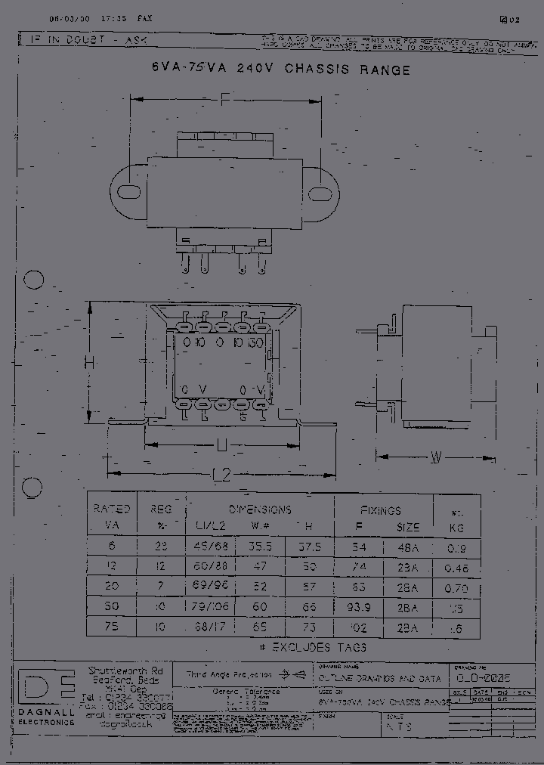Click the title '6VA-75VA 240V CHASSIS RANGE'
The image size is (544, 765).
(281, 70)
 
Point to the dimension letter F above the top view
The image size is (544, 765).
(225, 98)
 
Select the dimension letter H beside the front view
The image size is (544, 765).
(89, 363)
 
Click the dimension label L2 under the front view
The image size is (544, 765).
(221, 474)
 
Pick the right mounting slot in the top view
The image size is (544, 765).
(323, 194)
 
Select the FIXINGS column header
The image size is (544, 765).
(380, 510)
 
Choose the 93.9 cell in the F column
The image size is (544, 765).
(357, 607)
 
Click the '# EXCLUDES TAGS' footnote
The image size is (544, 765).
(308, 647)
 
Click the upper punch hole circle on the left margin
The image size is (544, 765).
(34, 280)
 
